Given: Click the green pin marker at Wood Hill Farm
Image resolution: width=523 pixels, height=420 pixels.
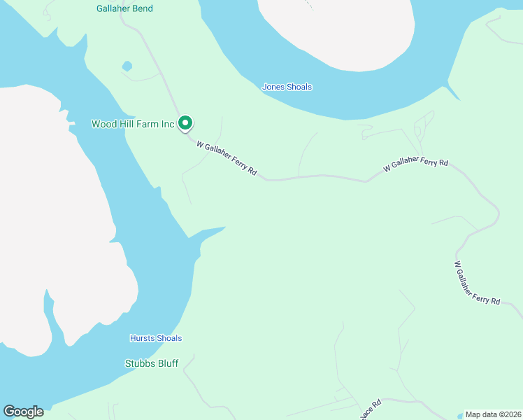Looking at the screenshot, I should pos(185,123).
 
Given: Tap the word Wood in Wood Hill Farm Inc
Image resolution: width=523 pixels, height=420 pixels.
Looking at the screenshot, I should pos(104,124).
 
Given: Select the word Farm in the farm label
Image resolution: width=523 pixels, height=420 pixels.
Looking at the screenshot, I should pos(148,124).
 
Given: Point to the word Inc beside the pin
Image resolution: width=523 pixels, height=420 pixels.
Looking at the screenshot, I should pos(167,124).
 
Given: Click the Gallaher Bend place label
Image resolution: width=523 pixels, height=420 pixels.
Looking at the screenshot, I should pos(124,8).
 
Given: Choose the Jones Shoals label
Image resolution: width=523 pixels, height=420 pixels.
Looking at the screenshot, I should pos(287,87).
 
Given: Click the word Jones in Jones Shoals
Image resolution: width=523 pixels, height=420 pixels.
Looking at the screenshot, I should pos(273,87).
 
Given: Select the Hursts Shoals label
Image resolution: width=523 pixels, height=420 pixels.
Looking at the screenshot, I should pos(156,338).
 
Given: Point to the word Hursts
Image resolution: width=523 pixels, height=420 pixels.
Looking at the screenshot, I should pos(142,338).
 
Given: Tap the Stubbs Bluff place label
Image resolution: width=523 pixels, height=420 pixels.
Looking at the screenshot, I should pos(152,363).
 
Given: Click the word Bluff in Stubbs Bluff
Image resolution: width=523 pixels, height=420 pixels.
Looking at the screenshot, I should pos(167,363).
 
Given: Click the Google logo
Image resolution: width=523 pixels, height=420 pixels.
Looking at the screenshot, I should pos(23,412).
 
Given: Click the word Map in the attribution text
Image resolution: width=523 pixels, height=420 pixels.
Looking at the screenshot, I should pos(473,414).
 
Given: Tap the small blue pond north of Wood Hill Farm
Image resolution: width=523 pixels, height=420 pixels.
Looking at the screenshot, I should pos(127,66).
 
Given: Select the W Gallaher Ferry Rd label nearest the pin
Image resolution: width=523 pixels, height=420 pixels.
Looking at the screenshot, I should pos(227,159).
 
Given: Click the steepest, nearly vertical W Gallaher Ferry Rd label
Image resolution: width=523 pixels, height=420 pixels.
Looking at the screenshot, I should pos(477,283).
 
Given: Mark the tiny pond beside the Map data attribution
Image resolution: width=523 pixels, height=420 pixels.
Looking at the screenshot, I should pos(460,414).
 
